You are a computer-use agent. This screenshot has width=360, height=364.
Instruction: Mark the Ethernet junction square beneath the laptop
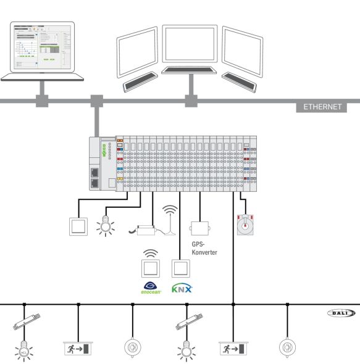43,99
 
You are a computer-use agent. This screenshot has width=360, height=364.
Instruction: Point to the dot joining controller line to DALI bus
233,304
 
